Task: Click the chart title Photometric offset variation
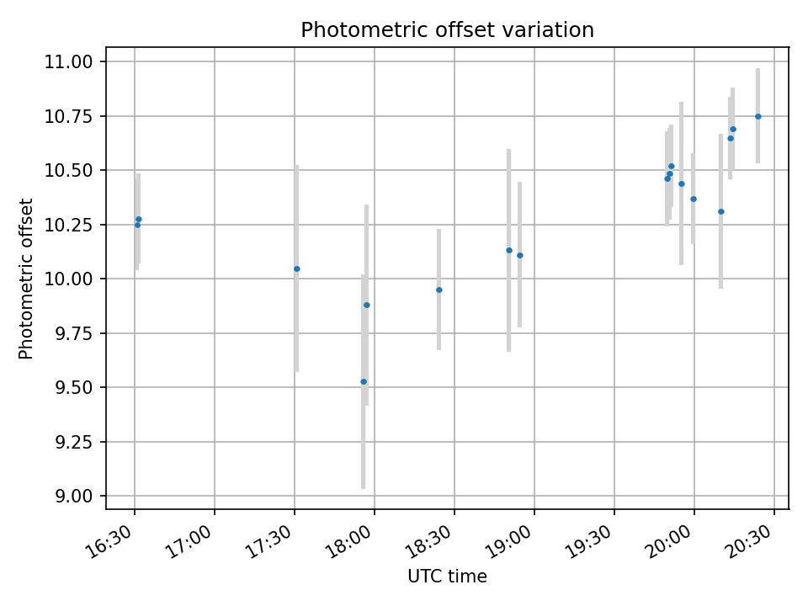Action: coord(447,30)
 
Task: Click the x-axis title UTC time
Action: coord(447,577)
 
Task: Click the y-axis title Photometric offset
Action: coord(26,279)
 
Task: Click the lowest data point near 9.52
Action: coord(364,382)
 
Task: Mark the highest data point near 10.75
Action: coord(758,116)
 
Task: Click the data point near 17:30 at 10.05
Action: coord(296,269)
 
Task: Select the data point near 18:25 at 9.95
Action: coord(439,290)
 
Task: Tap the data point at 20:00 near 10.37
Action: coord(694,199)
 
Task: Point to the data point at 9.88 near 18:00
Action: coord(367,305)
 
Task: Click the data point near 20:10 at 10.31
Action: coord(721,212)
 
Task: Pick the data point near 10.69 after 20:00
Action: coord(733,130)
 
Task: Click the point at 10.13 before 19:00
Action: coord(509,251)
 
